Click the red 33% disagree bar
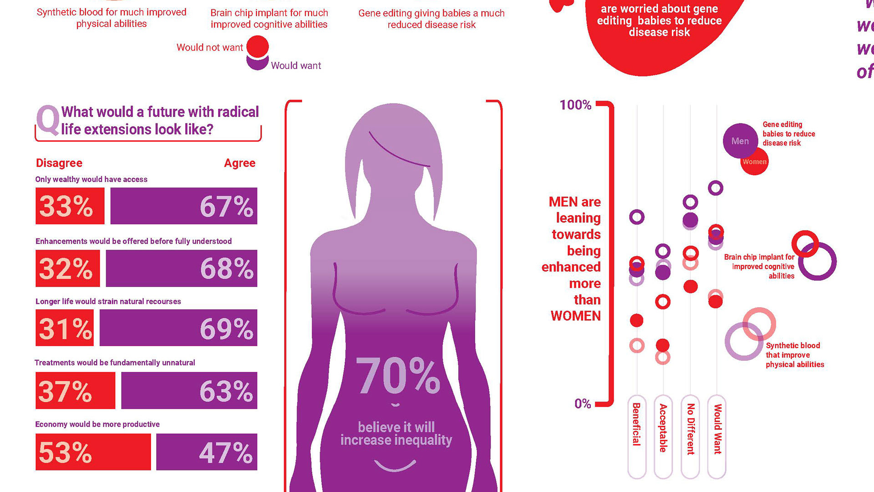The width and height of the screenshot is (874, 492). [x=70, y=206]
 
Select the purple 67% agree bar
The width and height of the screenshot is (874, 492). [x=183, y=206]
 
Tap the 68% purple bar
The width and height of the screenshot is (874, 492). [x=181, y=268]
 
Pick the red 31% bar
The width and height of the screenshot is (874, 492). [x=65, y=328]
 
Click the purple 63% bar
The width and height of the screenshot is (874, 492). [x=189, y=390]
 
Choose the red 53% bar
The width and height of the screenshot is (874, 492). [x=93, y=452]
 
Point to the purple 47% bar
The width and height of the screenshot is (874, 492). [x=206, y=452]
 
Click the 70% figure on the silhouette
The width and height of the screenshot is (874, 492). [x=398, y=376]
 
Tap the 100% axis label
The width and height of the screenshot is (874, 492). [x=575, y=105]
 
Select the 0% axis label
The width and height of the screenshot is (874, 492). [x=582, y=404]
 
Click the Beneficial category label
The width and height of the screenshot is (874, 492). [x=636, y=424]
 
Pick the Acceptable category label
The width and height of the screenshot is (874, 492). [x=663, y=428]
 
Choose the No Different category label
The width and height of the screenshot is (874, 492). [x=691, y=429]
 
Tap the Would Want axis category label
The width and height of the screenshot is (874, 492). [x=717, y=429]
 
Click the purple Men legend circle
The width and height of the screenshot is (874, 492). [x=740, y=141]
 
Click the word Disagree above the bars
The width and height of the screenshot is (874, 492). [x=59, y=163]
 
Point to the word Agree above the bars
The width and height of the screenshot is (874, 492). [x=239, y=163]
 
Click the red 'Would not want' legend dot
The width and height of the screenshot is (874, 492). [x=258, y=46]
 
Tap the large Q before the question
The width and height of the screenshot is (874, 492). [x=48, y=120]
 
